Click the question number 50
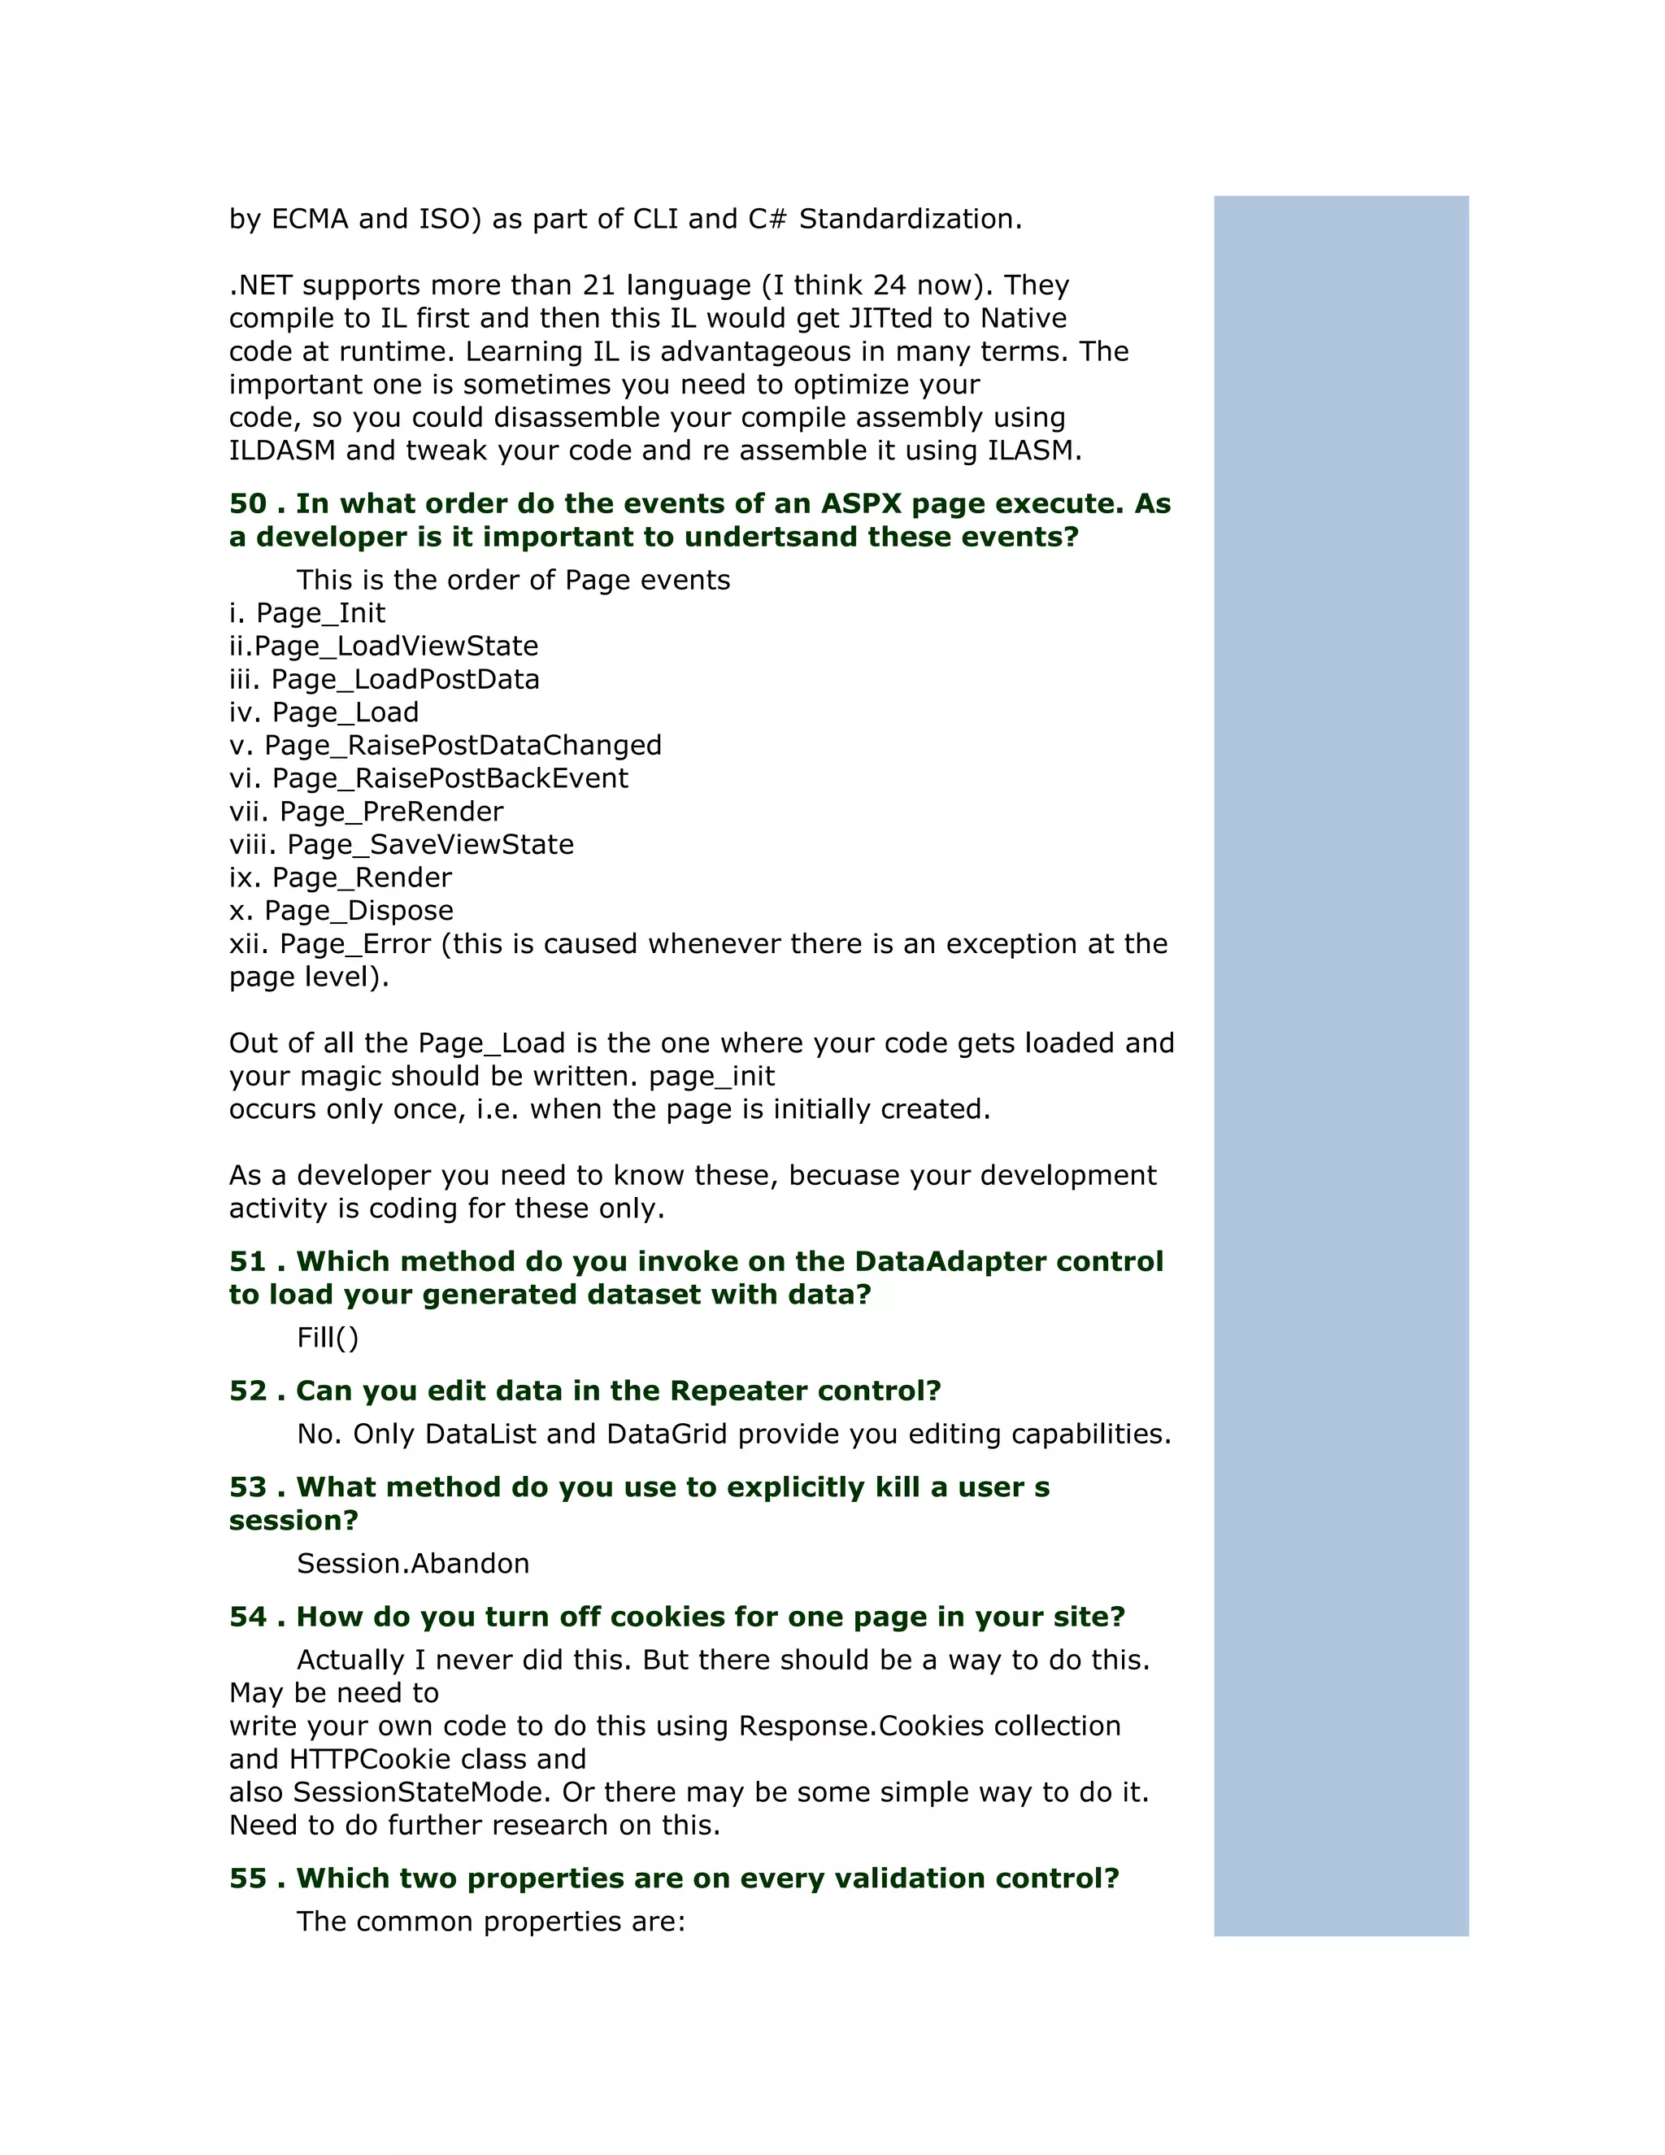[248, 504]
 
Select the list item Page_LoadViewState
[397, 646]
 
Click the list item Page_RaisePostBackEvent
[450, 778]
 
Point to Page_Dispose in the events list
[359, 911]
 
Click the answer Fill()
[328, 1338]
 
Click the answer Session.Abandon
[413, 1564]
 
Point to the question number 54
[248, 1617]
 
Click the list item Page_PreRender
[392, 812]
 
